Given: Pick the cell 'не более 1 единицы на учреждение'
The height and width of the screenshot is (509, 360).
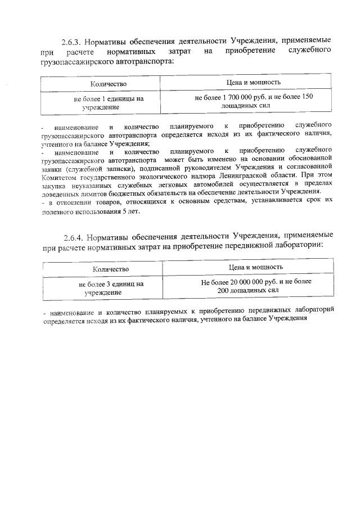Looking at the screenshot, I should [x=109, y=102].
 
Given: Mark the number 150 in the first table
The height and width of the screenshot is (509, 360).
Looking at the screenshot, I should [x=307, y=97].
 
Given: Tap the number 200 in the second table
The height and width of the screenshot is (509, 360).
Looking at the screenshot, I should [x=223, y=290].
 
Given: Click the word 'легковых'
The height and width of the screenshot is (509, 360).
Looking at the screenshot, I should [x=153, y=186].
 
